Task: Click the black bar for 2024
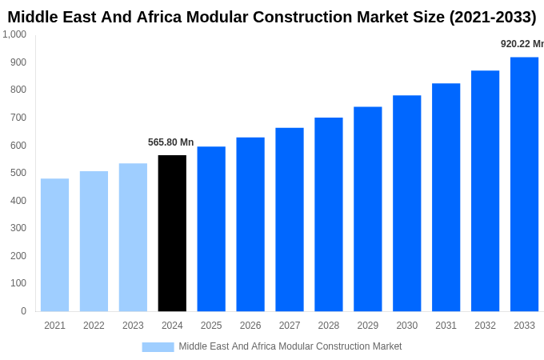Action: click(x=172, y=233)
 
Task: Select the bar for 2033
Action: click(x=524, y=184)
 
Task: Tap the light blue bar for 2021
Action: click(x=54, y=245)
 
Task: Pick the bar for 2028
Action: click(x=328, y=214)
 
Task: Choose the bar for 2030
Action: click(x=406, y=203)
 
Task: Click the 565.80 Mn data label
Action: click(x=170, y=142)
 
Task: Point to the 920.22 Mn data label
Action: click(x=522, y=44)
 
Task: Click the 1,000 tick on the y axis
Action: click(x=14, y=34)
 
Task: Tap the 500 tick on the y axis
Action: click(x=18, y=173)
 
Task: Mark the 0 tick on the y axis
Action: click(x=23, y=311)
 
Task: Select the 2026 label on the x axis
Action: click(x=250, y=326)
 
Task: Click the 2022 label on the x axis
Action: click(x=94, y=326)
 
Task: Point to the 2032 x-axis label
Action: click(x=485, y=326)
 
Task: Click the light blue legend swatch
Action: click(x=158, y=347)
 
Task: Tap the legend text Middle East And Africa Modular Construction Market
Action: click(x=290, y=346)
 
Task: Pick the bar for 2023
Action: click(x=133, y=238)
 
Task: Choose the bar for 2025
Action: click(x=211, y=229)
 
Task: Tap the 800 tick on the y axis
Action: click(x=18, y=90)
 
